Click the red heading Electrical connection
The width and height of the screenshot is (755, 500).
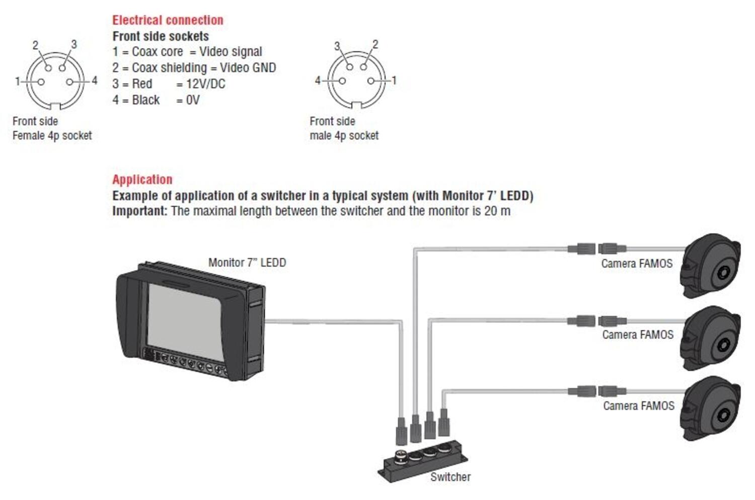click(x=168, y=20)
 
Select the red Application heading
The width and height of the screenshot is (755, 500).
click(x=142, y=180)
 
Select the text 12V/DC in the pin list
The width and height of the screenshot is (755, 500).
click(x=205, y=84)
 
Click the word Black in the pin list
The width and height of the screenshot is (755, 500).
click(x=145, y=100)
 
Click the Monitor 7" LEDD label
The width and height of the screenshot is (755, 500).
click(x=247, y=263)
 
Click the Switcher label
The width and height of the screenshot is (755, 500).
click(x=450, y=477)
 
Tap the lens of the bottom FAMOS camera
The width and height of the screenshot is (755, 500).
click(x=723, y=415)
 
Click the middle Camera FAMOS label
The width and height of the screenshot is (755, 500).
click(x=638, y=335)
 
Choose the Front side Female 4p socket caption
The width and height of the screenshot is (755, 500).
click(x=52, y=128)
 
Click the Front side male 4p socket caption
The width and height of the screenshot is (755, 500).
click(x=344, y=128)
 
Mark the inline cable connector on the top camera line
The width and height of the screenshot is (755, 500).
click(x=596, y=248)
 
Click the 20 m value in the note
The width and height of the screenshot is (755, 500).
click(x=497, y=211)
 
